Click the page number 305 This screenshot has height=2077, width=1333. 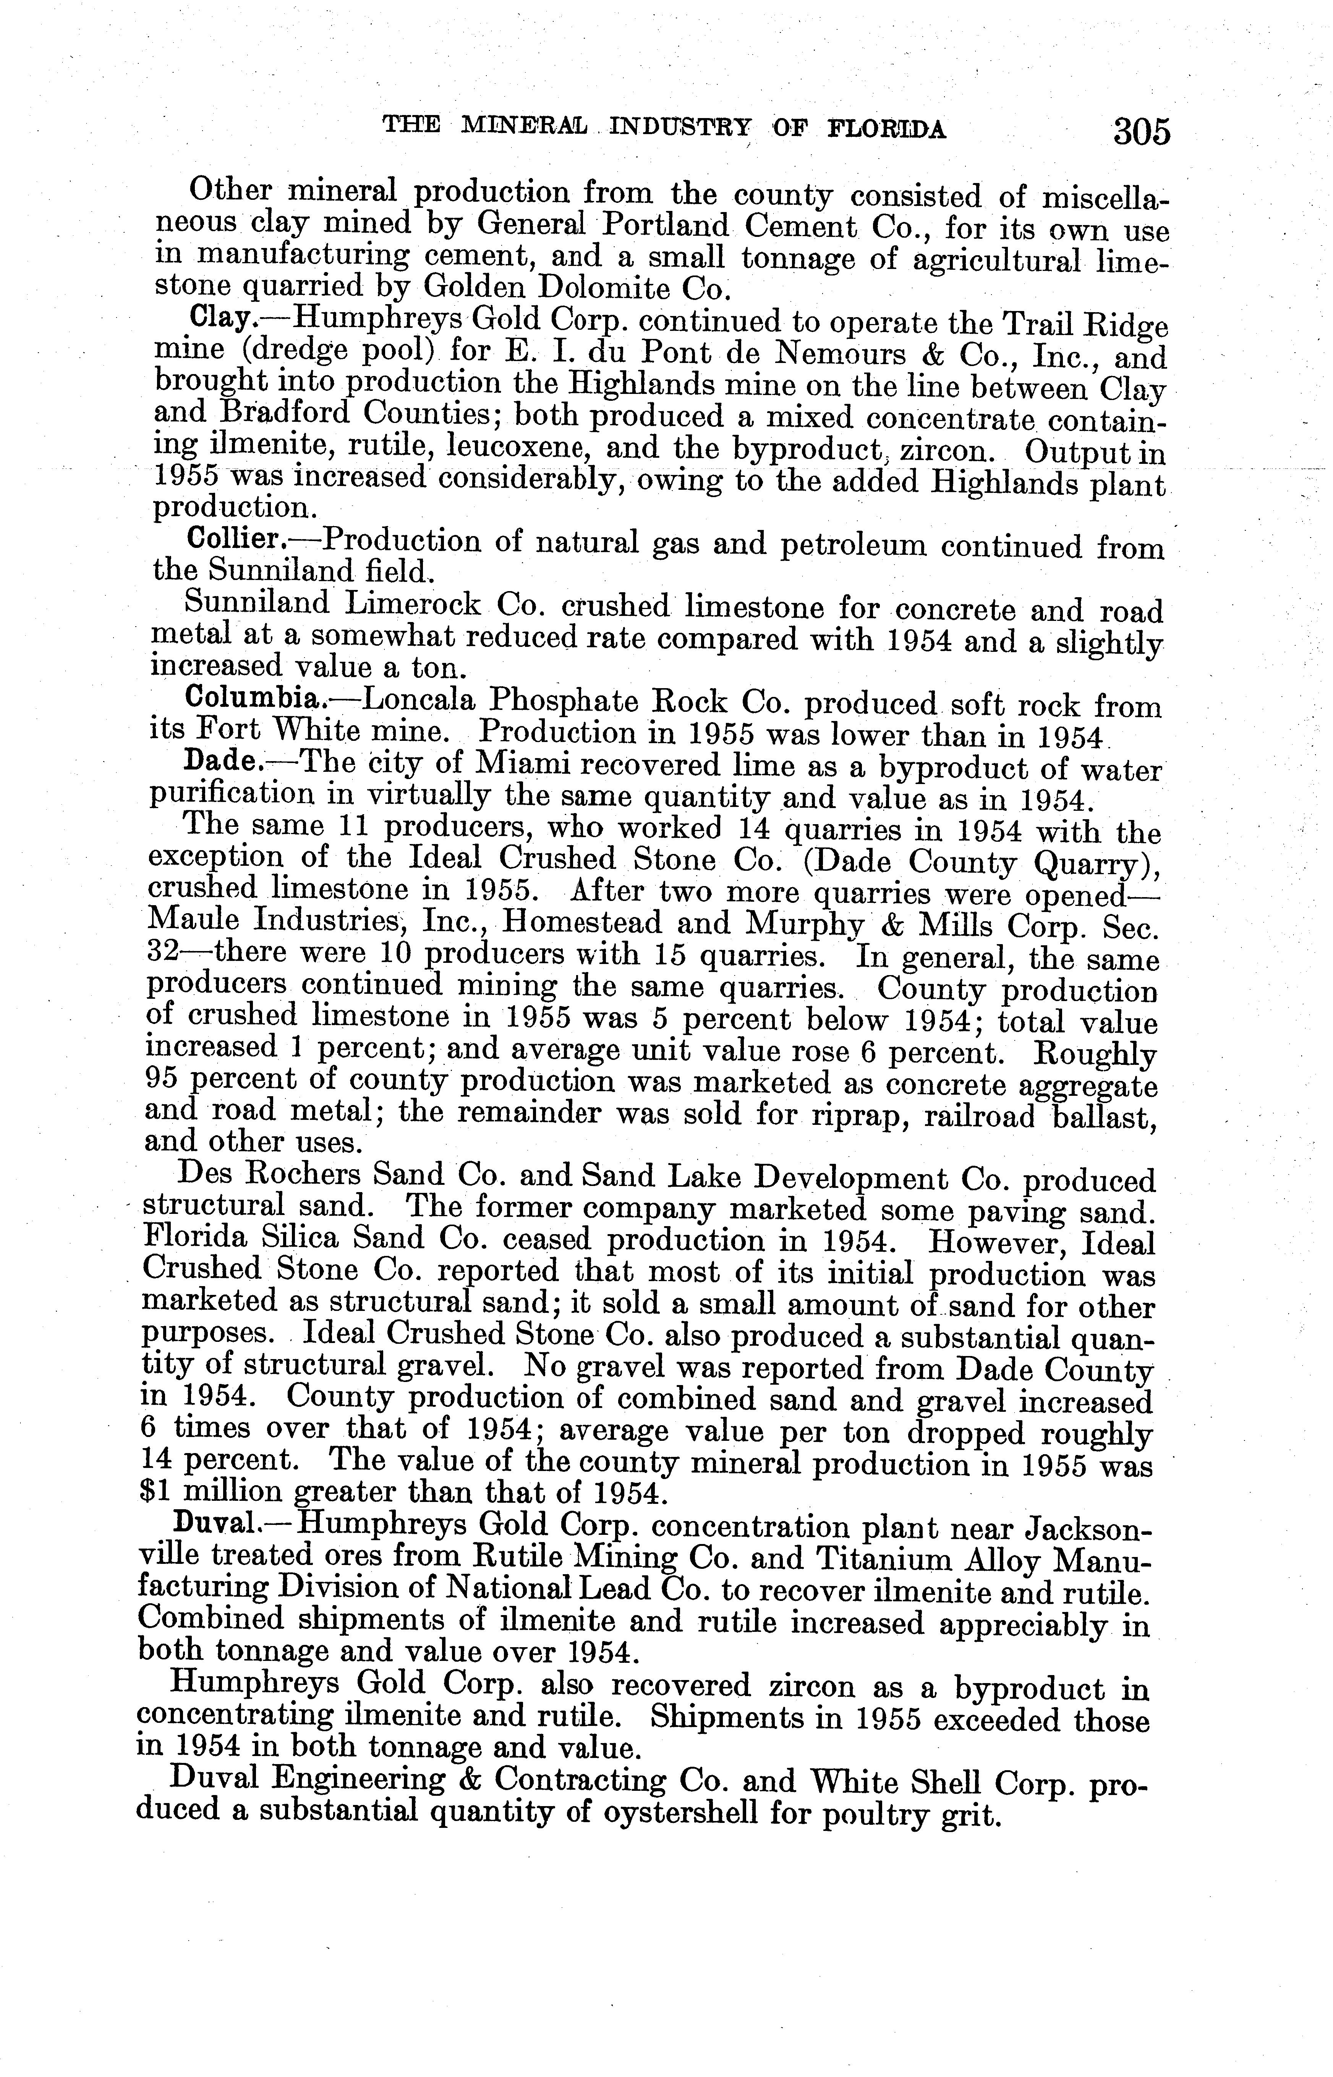click(x=1141, y=131)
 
